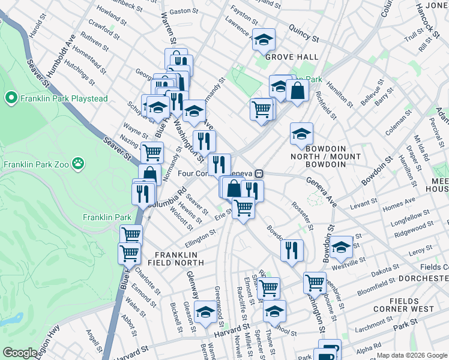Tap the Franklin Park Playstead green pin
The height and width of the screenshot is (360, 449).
(11, 98)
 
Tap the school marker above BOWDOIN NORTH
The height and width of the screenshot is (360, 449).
(301, 134)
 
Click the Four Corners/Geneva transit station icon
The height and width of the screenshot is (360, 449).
(259, 173)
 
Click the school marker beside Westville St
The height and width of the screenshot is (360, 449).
(340, 246)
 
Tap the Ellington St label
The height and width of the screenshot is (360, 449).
(200, 238)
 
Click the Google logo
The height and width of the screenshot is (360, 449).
(20, 353)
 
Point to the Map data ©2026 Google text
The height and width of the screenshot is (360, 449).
(412, 355)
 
